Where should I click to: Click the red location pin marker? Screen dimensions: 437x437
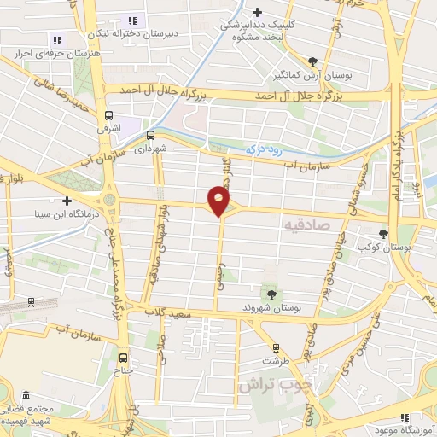pyautogui.click(x=219, y=202)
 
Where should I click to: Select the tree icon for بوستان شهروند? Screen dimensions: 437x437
pyautogui.click(x=271, y=294)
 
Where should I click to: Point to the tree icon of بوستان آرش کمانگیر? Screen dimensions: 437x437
pyautogui.click(x=313, y=61)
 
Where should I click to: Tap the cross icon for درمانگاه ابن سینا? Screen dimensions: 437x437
pyautogui.click(x=67, y=201)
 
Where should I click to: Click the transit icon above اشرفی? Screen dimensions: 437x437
pyautogui.click(x=108, y=116)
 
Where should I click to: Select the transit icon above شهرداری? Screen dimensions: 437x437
pyautogui.click(x=151, y=134)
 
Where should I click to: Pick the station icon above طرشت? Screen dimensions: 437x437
pyautogui.click(x=275, y=347)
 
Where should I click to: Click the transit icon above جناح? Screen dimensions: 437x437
pyautogui.click(x=125, y=358)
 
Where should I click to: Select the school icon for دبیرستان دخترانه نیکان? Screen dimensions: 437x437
pyautogui.click(x=131, y=20)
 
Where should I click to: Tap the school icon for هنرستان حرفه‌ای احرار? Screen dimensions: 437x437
pyautogui.click(x=56, y=39)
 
